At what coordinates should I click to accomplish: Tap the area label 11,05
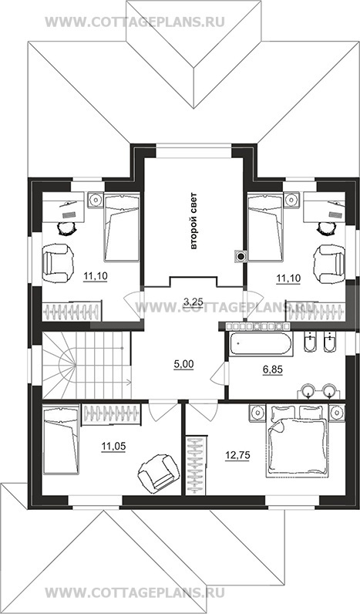tap(113, 445)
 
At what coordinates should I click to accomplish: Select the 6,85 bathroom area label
tap(273, 369)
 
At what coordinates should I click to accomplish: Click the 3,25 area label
tap(193, 302)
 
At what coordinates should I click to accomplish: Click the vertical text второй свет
tap(193, 221)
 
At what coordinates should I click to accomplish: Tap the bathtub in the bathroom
tap(261, 345)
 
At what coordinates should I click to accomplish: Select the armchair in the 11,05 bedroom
tap(156, 471)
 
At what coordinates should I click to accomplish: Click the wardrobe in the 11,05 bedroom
tap(111, 415)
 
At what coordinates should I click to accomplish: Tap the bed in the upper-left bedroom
tap(122, 227)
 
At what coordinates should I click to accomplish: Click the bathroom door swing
tap(218, 375)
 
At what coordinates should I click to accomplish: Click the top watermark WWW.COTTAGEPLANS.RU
tap(135, 22)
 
